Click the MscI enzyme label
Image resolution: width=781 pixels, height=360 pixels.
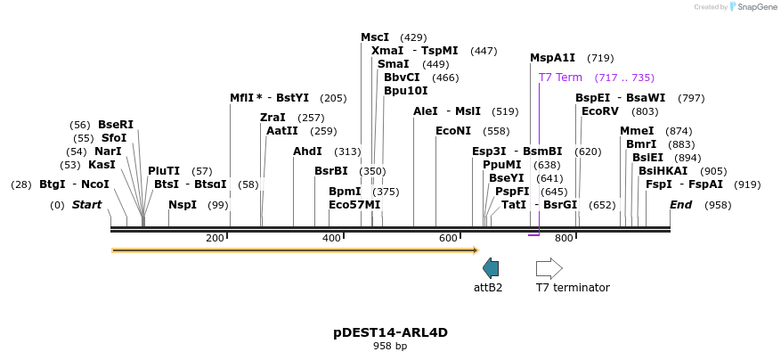point(374,37)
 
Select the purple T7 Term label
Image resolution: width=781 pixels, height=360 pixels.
point(560,78)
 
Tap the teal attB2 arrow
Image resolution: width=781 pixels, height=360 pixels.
point(491,267)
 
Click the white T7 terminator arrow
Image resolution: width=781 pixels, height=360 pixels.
point(549,267)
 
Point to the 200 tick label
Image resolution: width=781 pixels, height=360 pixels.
point(215,238)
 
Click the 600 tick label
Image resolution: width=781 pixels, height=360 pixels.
point(447,238)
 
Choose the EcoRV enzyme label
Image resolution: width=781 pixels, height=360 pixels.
point(599,111)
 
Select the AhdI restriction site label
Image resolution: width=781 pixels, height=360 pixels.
point(307,151)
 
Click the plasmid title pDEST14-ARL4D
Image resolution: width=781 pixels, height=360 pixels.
point(390,332)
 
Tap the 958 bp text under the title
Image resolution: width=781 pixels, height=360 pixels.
point(390,346)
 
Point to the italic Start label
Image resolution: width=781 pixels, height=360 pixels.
point(86,205)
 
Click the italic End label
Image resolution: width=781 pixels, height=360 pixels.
point(680,205)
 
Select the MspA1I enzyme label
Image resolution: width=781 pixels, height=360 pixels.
point(552,58)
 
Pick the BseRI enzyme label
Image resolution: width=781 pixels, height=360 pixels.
point(116,125)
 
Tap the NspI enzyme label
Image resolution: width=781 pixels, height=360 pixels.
point(183,205)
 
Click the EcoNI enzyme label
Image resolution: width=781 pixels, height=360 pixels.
point(453,131)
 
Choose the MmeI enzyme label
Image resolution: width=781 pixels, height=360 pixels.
point(637,131)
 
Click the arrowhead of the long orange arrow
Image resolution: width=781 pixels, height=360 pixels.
point(476,250)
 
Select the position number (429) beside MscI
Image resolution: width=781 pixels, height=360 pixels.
point(413,37)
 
